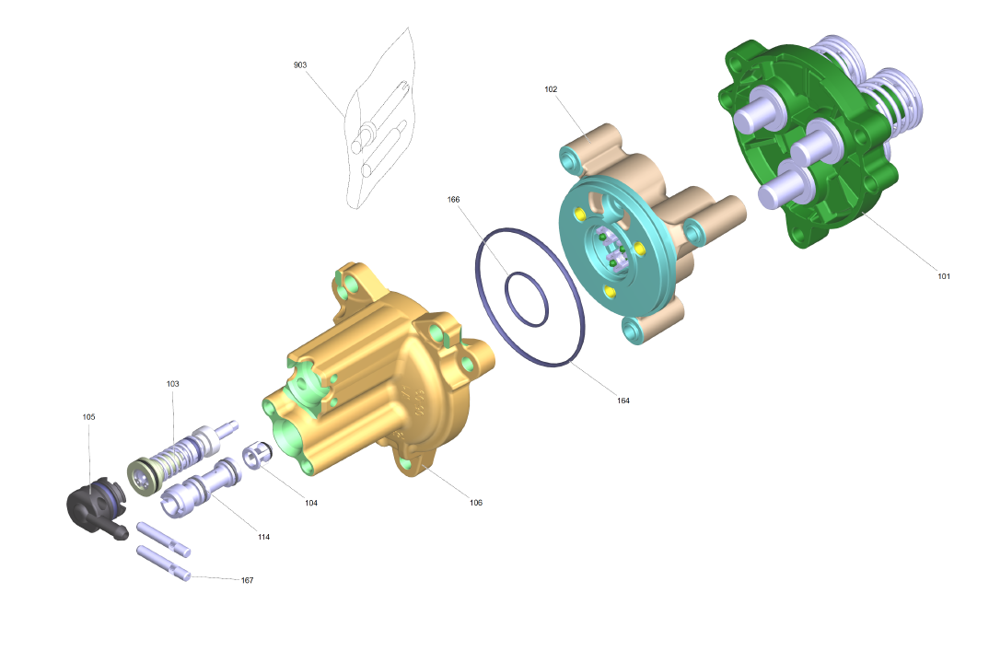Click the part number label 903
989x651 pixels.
[300, 65]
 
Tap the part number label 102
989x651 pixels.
[551, 89]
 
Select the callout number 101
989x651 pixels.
[944, 276]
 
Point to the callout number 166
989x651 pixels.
[453, 200]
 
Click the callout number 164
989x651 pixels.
[623, 401]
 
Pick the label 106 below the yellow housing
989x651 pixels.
[476, 503]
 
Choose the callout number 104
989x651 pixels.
[311, 503]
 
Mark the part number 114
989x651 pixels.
[263, 537]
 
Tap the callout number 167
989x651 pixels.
[247, 580]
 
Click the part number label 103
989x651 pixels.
[173, 384]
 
